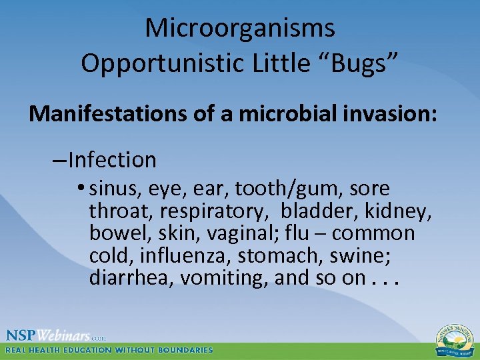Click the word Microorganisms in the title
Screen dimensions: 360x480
click(240, 28)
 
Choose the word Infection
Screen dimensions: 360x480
click(112, 160)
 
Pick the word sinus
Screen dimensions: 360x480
click(111, 189)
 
